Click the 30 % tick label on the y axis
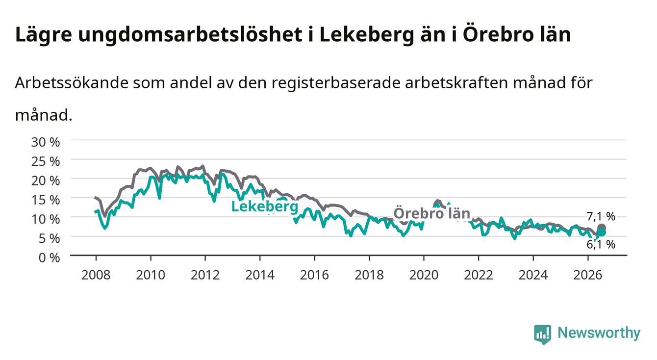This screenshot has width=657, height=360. click(46, 142)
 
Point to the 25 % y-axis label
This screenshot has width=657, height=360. click(46, 161)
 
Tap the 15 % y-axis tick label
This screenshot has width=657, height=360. click(46, 200)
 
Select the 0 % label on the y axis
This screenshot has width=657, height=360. click(49, 257)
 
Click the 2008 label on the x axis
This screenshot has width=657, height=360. click(96, 275)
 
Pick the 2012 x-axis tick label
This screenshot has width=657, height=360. click(205, 275)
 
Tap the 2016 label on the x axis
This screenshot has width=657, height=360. click(314, 275)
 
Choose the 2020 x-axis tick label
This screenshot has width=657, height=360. click(424, 275)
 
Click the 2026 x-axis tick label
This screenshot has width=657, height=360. click(588, 275)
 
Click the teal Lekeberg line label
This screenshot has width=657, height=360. click(265, 206)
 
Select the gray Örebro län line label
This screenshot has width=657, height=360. click(432, 213)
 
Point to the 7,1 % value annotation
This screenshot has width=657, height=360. click(601, 216)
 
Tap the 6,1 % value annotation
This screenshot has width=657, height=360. click(601, 244)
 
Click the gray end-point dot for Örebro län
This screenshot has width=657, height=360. click(601, 228)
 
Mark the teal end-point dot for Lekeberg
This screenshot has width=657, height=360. click(601, 232)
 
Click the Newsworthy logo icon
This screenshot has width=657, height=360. click(543, 334)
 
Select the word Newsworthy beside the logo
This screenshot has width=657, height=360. click(599, 333)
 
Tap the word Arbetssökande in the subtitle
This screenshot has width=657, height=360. click(72, 83)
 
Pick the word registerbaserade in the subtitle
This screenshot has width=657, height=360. click(336, 83)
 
